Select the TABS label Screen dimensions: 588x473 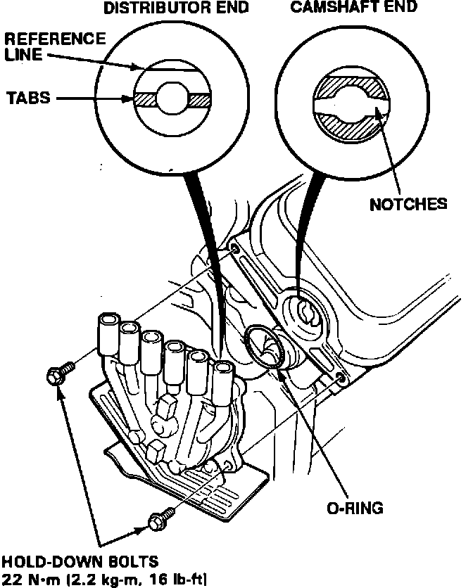pyautogui.click(x=29, y=98)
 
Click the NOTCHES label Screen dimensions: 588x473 pyautogui.click(x=408, y=204)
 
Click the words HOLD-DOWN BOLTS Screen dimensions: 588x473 pyautogui.click(x=79, y=563)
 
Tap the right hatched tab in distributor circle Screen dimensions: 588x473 pyautogui.click(x=200, y=100)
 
